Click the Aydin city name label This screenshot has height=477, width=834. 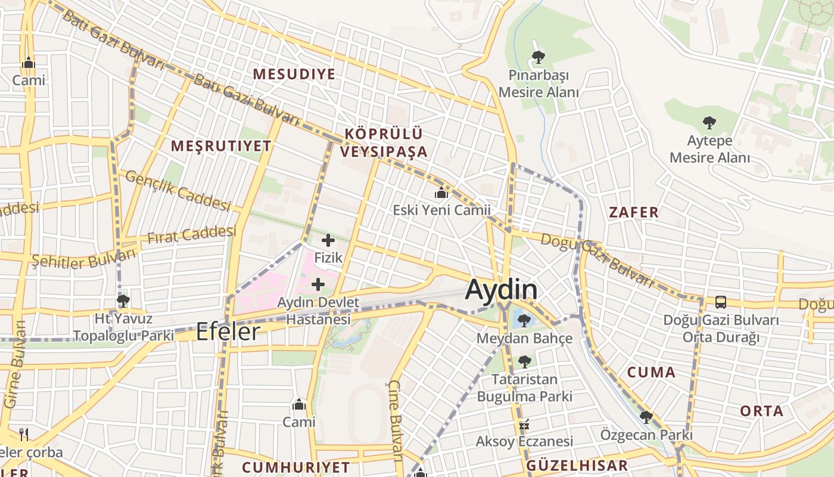(x=501, y=290)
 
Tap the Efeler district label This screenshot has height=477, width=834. (x=228, y=332)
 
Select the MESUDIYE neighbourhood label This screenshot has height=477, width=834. (x=294, y=74)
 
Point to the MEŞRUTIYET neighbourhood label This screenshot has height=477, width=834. (x=221, y=145)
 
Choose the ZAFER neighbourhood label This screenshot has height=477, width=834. (x=634, y=212)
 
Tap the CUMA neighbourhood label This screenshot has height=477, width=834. (x=651, y=373)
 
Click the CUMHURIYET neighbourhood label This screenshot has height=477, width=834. (x=296, y=466)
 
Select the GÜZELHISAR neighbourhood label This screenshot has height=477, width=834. (x=577, y=466)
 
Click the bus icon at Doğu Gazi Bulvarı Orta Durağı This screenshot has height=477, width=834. (x=720, y=302)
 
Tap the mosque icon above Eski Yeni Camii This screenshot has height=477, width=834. (x=441, y=193)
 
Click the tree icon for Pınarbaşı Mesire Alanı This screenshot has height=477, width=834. (x=538, y=57)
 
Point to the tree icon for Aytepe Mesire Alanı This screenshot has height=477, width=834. (x=709, y=123)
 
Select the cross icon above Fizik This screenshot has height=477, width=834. (x=328, y=241)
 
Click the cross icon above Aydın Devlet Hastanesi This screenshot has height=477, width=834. (x=318, y=284)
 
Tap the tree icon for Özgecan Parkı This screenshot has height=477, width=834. (x=646, y=417)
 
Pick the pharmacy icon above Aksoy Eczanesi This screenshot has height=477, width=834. (x=524, y=425)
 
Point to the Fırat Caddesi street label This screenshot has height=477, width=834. (x=191, y=235)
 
